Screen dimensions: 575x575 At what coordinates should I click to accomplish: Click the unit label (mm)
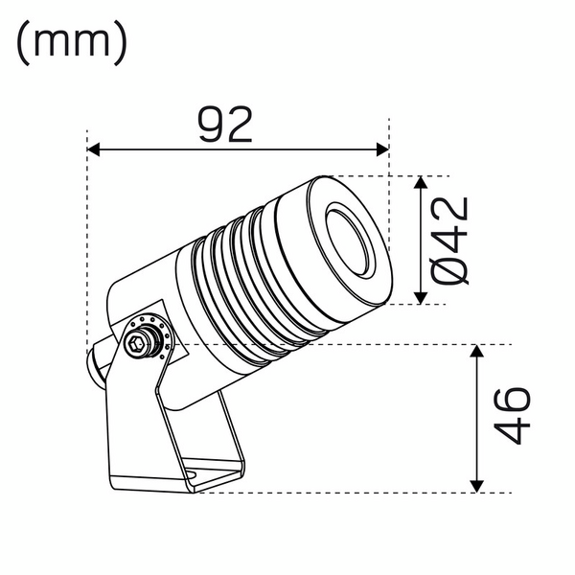point(72,42)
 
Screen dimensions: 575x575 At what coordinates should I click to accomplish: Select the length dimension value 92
point(226,125)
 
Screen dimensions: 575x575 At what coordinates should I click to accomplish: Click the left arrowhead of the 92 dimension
point(94,149)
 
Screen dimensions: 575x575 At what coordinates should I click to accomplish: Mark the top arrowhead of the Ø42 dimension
point(423,183)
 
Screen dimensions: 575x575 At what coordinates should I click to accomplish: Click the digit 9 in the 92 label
point(212,125)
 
